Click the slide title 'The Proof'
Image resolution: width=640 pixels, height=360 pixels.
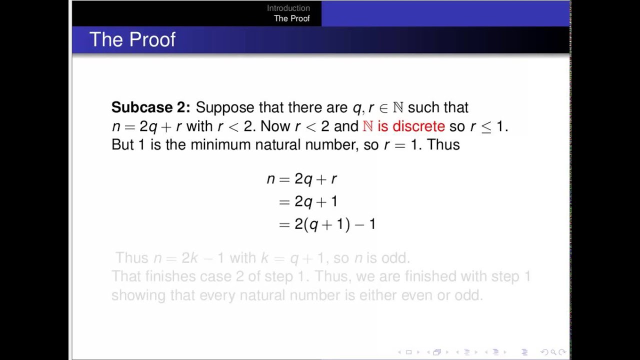click(x=132, y=40)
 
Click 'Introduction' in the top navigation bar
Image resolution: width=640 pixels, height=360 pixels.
click(x=288, y=8)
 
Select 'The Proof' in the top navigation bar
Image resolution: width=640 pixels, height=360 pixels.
click(x=291, y=18)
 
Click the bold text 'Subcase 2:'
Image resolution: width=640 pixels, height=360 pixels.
click(x=150, y=107)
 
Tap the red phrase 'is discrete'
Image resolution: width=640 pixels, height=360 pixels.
click(x=411, y=126)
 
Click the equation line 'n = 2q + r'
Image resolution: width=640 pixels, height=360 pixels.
click(x=302, y=179)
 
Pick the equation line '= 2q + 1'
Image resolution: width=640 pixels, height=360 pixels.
click(x=308, y=201)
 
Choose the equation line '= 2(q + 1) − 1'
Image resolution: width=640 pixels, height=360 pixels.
click(x=327, y=224)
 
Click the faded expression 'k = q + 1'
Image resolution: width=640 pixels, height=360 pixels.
click(x=293, y=258)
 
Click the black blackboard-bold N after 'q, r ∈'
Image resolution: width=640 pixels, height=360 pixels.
click(x=398, y=107)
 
